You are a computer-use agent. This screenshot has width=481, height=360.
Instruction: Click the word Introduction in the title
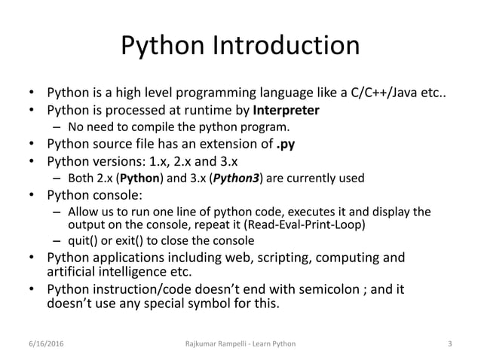pos(289,47)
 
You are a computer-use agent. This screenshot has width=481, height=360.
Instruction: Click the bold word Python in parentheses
pos(137,178)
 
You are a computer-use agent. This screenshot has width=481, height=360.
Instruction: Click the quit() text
pos(83,241)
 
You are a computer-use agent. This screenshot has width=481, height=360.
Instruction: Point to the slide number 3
pos(449,344)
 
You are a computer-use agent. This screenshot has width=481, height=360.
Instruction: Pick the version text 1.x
pos(170,160)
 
